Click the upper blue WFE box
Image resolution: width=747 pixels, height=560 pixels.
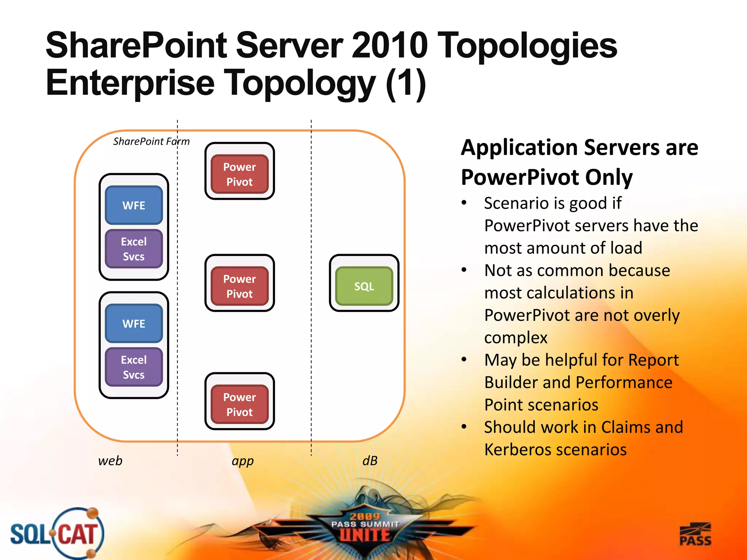[x=134, y=205]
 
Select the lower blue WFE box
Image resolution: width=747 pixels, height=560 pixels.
[x=134, y=323]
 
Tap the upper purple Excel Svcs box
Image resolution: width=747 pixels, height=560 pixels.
[x=134, y=249]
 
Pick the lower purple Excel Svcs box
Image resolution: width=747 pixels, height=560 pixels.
[x=134, y=367]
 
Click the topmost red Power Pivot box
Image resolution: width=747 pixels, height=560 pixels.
[x=240, y=174]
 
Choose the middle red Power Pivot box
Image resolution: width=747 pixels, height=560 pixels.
[x=240, y=286]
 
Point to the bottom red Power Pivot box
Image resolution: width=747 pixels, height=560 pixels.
[x=240, y=404]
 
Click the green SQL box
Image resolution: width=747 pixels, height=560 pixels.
[x=364, y=286]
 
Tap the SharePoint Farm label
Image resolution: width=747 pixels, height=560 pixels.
[x=151, y=141]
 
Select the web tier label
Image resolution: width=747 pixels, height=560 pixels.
[x=110, y=461]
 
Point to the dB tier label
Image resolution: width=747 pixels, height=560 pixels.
[x=370, y=461]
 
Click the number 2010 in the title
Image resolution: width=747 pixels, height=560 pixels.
[x=389, y=45]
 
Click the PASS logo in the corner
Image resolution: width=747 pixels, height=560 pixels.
[x=695, y=534]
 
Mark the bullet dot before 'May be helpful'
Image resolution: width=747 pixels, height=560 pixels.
[x=464, y=359]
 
